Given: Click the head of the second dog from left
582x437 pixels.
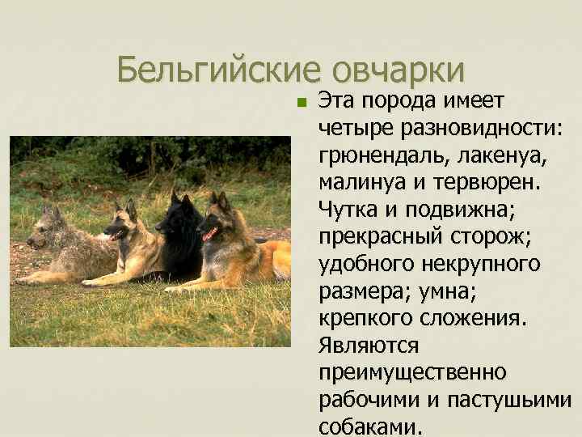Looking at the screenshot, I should point(124,221).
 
